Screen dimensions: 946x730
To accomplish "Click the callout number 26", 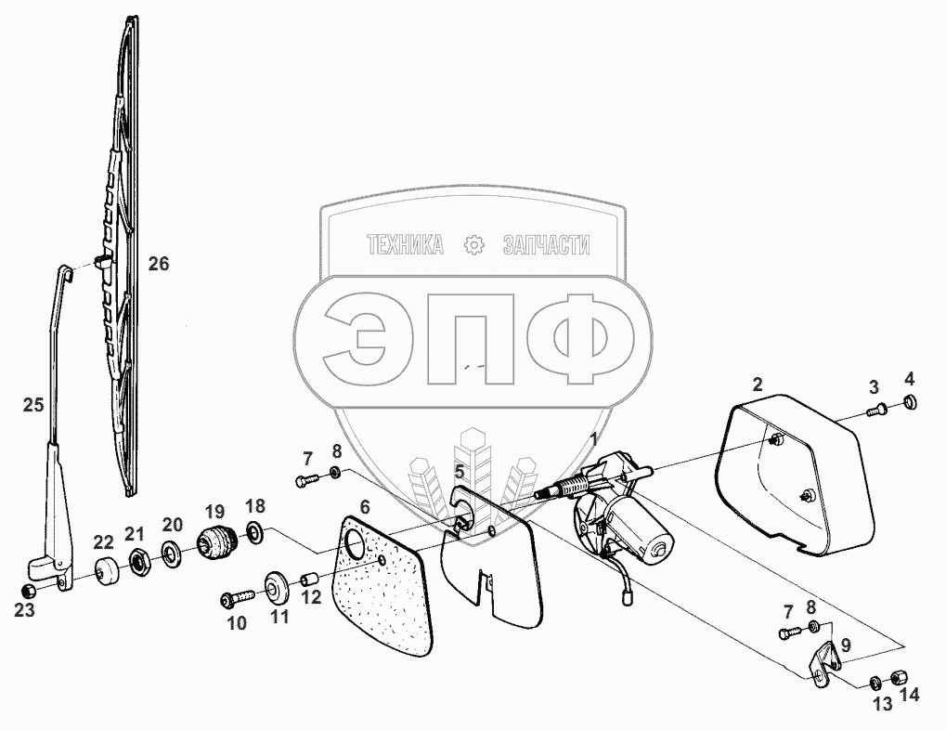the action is click(159, 264).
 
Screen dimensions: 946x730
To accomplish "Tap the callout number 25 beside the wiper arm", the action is click(33, 405).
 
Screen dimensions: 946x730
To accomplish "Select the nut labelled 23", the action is click(30, 591).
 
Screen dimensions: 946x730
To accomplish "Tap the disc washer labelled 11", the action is click(276, 587).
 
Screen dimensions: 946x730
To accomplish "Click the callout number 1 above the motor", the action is click(595, 438).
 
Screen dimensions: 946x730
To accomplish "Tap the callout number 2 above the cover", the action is click(758, 384).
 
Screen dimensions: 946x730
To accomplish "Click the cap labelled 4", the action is click(909, 402).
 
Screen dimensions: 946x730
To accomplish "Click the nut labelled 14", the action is click(898, 676).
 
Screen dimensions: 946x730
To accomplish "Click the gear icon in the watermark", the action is click(473, 245).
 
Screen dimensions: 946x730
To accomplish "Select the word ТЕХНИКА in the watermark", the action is click(406, 245).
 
